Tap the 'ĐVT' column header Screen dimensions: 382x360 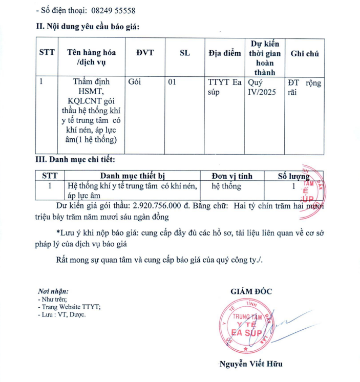point(145,53)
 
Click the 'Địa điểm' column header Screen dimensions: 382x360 point(224,53)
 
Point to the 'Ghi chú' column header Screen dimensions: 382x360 point(305,53)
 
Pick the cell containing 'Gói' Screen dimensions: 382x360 point(135,82)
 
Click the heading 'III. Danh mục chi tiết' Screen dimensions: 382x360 point(78,160)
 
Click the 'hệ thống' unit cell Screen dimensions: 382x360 point(226,186)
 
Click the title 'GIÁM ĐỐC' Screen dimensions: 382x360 point(251,291)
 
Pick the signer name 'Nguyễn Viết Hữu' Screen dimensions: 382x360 point(250,364)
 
